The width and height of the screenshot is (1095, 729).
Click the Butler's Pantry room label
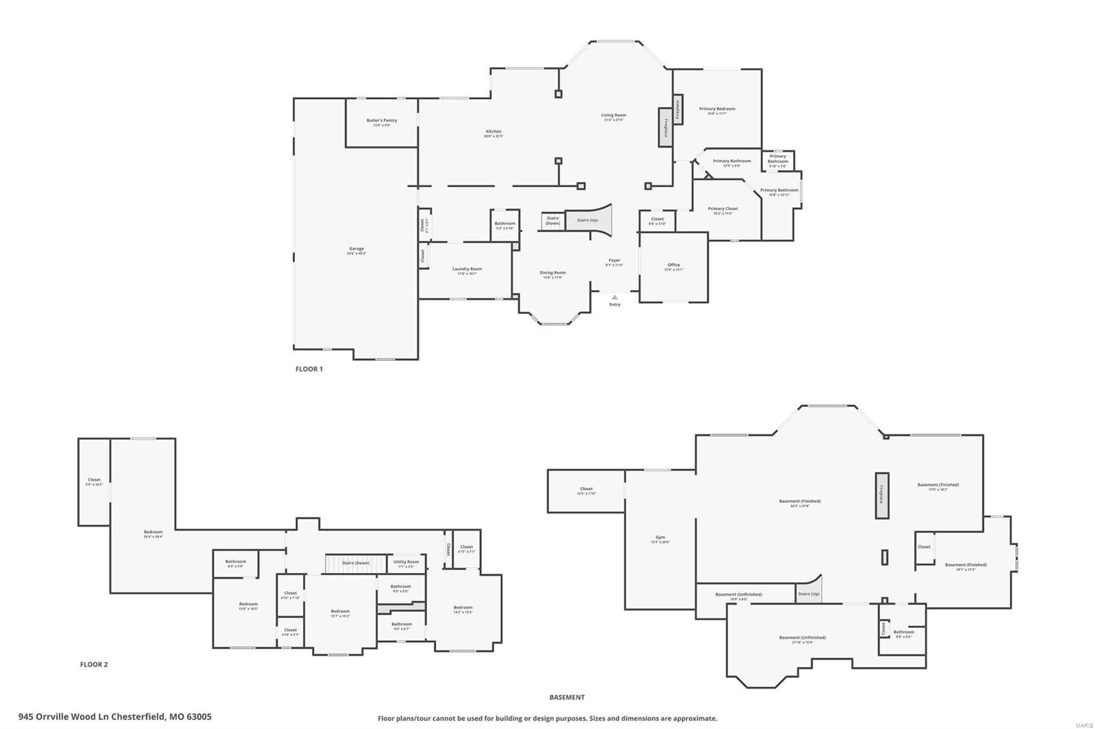pyautogui.click(x=381, y=121)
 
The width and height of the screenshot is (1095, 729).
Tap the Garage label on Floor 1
pyautogui.click(x=356, y=250)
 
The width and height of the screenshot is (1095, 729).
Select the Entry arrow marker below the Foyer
pyautogui.click(x=615, y=297)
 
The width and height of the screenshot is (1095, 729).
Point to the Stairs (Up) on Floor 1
pyautogui.click(x=588, y=220)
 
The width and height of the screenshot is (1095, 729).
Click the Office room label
pyautogui.click(x=673, y=266)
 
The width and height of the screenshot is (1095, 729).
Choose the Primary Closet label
pyautogui.click(x=723, y=209)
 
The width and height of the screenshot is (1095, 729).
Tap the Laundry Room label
pyautogui.click(x=467, y=269)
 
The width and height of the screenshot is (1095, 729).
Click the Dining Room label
pyautogui.click(x=552, y=274)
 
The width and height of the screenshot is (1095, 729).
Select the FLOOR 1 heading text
pyautogui.click(x=309, y=369)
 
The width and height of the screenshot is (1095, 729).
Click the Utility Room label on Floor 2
pyautogui.click(x=406, y=563)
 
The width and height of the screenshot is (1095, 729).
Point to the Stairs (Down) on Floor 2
pyautogui.click(x=356, y=564)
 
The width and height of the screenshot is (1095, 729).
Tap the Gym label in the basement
pyautogui.click(x=660, y=538)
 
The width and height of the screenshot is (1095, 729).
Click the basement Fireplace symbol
pyautogui.click(x=882, y=495)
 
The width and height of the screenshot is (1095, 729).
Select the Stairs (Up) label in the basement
pyautogui.click(x=808, y=594)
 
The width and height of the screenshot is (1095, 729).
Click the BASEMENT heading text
pyautogui.click(x=567, y=698)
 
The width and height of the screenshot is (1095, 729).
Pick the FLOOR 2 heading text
pyautogui.click(x=94, y=665)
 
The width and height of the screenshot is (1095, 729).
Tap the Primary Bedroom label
pyautogui.click(x=717, y=109)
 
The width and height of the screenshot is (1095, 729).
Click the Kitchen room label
pyautogui.click(x=493, y=132)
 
